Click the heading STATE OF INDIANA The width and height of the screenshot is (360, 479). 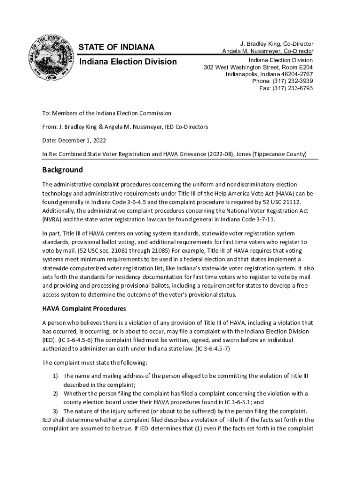click(x=116, y=47)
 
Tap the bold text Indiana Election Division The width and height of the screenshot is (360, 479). click(x=127, y=62)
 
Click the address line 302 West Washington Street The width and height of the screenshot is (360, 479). click(x=258, y=67)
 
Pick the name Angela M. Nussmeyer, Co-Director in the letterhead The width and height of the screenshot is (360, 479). click(x=267, y=51)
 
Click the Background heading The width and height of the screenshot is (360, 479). click(x=62, y=170)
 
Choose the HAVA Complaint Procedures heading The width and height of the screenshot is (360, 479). click(x=84, y=309)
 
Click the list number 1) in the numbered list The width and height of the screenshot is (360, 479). click(x=55, y=376)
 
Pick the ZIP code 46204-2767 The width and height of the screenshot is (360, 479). click(x=294, y=74)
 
